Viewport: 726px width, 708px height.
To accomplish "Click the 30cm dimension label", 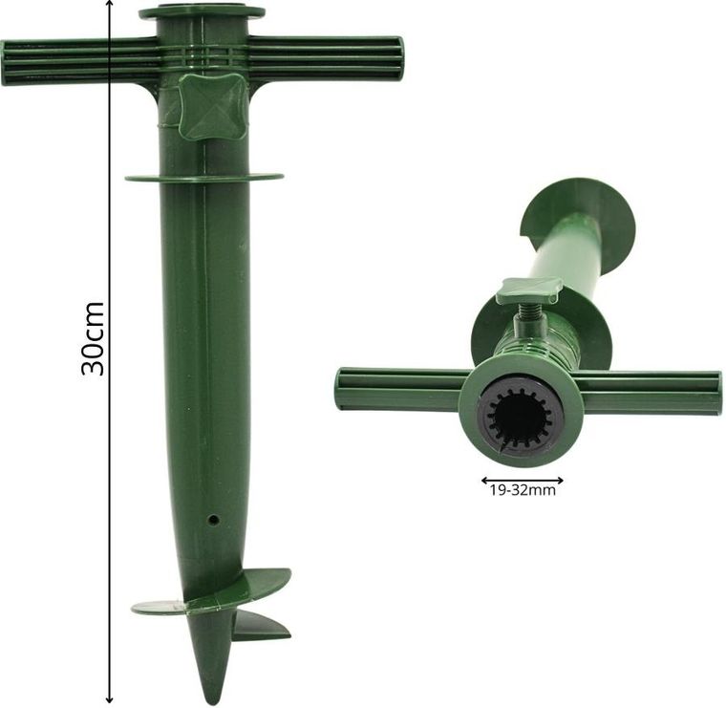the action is coord(92,338).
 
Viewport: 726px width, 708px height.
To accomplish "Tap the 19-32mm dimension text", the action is coord(523,490).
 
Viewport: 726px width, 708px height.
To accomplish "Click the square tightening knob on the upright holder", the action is coord(212,108).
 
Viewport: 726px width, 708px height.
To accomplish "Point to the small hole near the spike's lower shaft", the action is coord(212,519).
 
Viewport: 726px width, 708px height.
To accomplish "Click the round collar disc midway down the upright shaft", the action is coord(203,178).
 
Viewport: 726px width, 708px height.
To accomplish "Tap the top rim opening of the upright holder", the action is coord(202,11).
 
